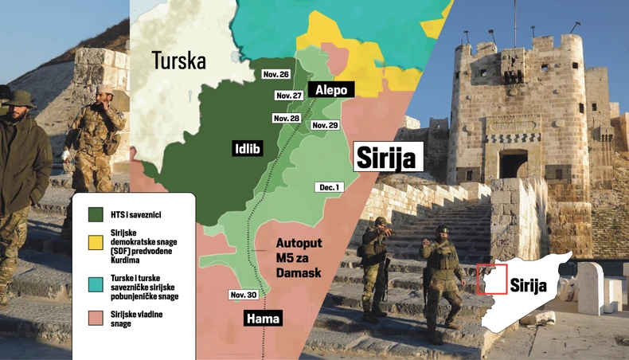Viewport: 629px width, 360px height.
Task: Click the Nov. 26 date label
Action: (x=276, y=74)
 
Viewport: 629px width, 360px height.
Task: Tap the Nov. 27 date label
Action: (x=288, y=96)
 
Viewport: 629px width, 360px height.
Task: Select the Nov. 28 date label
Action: (x=286, y=118)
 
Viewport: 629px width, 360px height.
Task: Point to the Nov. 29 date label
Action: (x=325, y=125)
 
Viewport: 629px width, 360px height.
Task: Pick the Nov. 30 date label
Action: (x=243, y=295)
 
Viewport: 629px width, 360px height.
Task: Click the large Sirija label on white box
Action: (x=385, y=157)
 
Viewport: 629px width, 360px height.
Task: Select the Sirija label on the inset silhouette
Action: (x=529, y=284)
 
